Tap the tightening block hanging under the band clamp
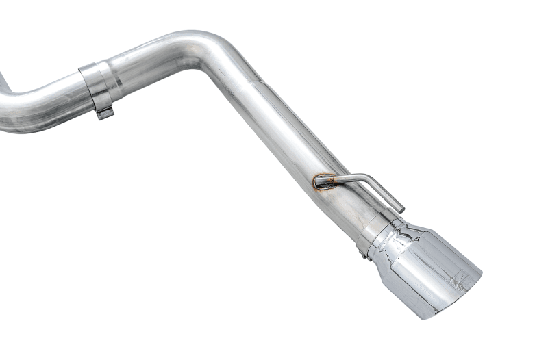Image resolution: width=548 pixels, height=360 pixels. [x=104, y=112]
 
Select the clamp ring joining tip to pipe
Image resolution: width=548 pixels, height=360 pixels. [x=375, y=233]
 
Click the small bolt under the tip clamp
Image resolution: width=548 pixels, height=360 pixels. [x=363, y=255]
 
